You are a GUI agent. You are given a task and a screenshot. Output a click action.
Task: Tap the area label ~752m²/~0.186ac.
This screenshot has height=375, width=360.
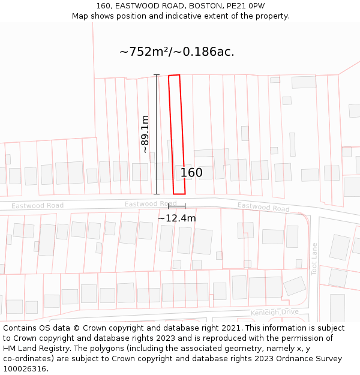coord(177,52)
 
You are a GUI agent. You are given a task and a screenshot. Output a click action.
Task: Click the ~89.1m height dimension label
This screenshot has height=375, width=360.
coord(145,134)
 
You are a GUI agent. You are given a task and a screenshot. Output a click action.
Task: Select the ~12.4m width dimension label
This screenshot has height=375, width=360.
coord(176,218)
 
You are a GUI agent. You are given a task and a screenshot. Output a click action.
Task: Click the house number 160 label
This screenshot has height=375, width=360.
coord(191,173)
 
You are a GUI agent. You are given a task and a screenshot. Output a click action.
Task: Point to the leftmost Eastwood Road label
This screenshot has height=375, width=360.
coord(37,206)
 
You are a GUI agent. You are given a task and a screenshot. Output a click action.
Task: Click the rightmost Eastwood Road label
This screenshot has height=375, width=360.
coord(263,207)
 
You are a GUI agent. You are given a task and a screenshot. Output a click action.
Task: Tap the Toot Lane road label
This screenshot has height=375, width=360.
coord(314,259)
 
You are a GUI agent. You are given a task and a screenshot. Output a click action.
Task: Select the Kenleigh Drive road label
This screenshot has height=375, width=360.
coord(274,313)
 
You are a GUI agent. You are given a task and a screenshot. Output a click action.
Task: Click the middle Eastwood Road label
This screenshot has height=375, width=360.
coord(150,204)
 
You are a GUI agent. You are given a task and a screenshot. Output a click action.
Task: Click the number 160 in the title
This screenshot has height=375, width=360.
coord(103,6)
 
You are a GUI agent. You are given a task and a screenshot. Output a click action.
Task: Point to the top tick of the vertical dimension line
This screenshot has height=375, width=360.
coord(157,75)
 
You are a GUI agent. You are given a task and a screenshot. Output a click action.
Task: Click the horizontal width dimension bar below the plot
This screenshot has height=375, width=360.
coord(176,206)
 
